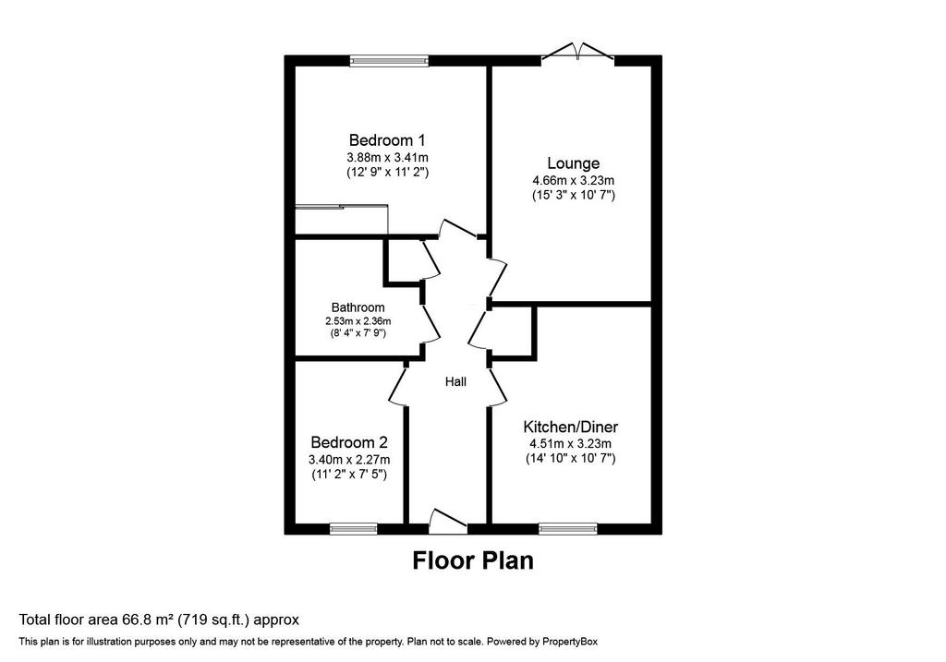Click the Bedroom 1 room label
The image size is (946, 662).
click(387, 140)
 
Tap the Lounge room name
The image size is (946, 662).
click(573, 163)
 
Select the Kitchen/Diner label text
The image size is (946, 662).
click(570, 427)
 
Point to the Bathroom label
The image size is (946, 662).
click(358, 307)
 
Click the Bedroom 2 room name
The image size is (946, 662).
click(349, 442)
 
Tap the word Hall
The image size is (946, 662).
click(455, 381)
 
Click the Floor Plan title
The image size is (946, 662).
click(473, 560)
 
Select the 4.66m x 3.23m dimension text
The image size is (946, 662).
click(573, 180)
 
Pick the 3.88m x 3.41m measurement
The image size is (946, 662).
click(387, 157)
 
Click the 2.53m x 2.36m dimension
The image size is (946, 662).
click(358, 321)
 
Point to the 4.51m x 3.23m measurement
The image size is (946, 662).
click(570, 444)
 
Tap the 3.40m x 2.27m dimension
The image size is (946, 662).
click(349, 460)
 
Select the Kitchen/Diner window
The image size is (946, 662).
click(568, 529)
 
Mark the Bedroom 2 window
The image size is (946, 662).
click(354, 529)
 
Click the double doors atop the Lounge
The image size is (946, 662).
click(578, 53)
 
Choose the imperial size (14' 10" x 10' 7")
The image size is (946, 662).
click(570, 459)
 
